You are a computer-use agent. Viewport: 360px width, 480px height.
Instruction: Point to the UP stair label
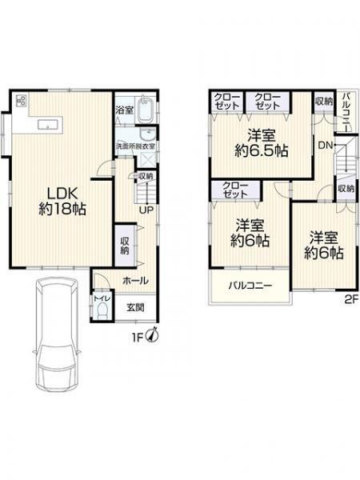(x=147, y=210)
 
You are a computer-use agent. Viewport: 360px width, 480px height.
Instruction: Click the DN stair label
(x=324, y=146)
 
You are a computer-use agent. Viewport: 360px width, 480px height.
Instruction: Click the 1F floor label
(x=138, y=338)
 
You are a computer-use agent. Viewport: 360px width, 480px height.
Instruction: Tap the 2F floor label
(x=350, y=301)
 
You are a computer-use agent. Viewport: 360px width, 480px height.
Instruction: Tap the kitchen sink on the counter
(x=46, y=124)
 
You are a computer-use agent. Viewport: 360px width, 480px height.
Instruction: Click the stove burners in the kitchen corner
(x=19, y=102)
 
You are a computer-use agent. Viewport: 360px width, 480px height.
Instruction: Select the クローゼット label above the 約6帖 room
(x=235, y=190)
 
